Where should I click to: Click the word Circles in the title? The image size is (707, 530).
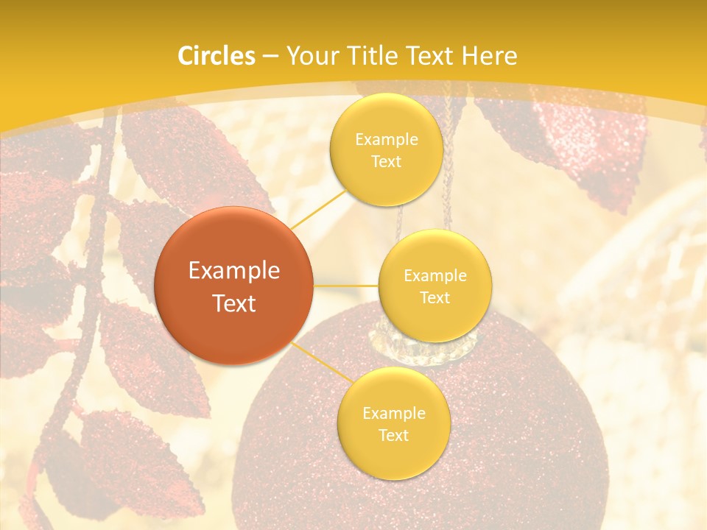point(217,56)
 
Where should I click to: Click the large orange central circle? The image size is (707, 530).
point(234,286)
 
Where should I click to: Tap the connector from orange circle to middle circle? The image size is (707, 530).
point(346,285)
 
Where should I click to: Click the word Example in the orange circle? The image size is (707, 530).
point(234,271)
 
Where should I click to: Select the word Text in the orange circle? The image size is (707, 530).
point(234,303)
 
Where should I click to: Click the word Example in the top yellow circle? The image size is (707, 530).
point(386,140)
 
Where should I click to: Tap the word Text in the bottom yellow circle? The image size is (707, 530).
point(393,435)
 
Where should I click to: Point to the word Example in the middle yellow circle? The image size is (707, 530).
point(435,276)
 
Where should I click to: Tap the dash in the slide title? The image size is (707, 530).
point(270,56)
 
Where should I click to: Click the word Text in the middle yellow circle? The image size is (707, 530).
point(435,297)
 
